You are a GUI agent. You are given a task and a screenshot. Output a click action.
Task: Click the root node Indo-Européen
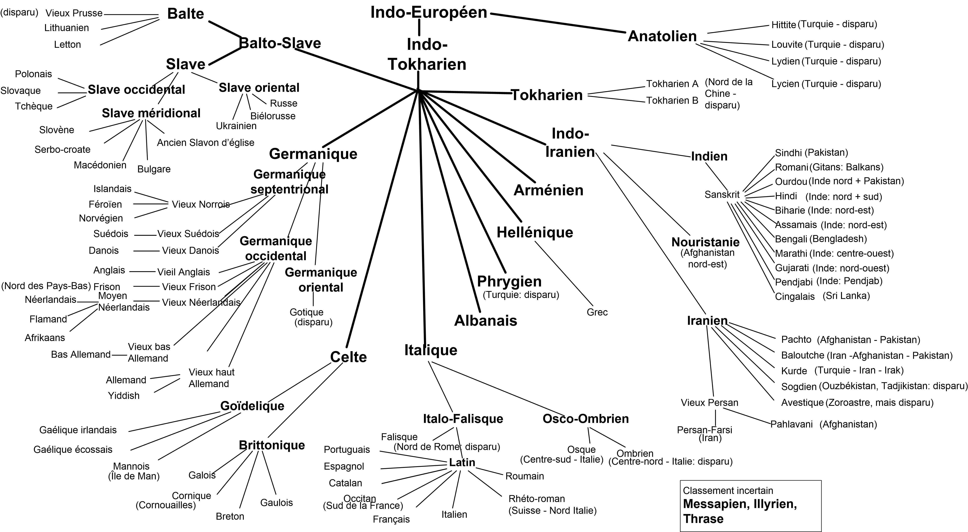[x=429, y=12]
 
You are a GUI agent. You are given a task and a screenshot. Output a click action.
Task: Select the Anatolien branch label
[x=662, y=36]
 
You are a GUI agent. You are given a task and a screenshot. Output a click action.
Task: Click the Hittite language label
[x=783, y=25]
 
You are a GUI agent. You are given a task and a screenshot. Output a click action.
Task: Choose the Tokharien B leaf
[x=672, y=100]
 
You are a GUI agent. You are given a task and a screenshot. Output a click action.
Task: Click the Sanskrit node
[x=722, y=195]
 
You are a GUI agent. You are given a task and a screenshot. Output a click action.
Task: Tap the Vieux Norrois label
[x=201, y=204]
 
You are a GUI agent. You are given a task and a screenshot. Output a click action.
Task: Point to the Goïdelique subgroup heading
[x=252, y=406]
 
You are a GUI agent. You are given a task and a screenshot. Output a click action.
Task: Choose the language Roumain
[x=525, y=476]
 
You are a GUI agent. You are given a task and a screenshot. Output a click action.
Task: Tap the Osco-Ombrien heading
[x=585, y=419]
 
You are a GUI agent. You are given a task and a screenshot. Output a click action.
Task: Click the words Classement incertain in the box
[x=728, y=491]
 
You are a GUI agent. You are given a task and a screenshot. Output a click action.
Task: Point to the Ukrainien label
[x=236, y=126]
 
